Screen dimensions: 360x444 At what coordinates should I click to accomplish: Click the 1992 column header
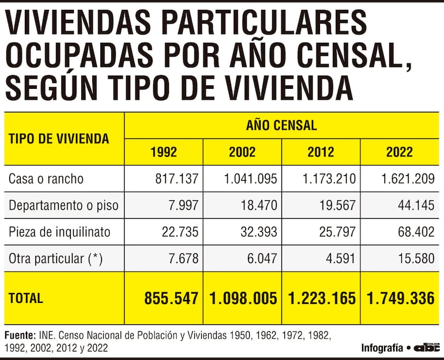[x=164, y=152]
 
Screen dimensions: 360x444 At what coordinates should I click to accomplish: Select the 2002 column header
[x=242, y=152]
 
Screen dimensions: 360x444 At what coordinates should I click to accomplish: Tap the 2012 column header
[x=321, y=152]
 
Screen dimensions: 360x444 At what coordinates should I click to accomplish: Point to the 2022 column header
[x=400, y=152]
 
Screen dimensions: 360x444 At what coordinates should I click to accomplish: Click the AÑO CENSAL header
[x=281, y=125]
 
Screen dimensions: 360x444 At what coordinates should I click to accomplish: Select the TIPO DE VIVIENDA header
[x=59, y=138]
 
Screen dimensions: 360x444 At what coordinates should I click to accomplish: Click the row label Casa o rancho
[x=46, y=179]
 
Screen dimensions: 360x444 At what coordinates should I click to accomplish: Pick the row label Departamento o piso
[x=63, y=205]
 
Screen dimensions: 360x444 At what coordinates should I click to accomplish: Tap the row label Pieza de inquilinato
[x=59, y=232]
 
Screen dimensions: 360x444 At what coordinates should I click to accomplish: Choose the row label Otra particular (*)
[x=55, y=258]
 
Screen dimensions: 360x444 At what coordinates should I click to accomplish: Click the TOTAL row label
[x=26, y=298]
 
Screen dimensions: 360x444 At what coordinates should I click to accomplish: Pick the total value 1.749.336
[x=400, y=298]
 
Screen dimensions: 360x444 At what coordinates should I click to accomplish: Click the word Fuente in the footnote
[x=20, y=335]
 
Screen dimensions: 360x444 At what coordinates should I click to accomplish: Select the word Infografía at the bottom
[x=382, y=348]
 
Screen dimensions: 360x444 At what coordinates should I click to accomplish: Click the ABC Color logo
[x=427, y=347]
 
